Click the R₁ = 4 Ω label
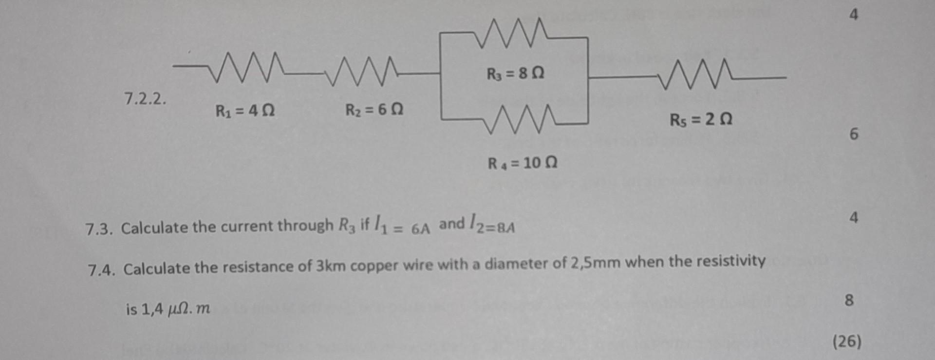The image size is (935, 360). point(245,111)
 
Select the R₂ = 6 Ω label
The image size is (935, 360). point(374,110)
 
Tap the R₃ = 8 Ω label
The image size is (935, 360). point(515,74)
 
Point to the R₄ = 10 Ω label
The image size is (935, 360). point(523,162)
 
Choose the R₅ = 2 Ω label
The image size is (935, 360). point(701,119)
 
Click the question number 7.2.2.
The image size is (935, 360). point(145,99)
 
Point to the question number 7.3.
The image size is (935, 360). point(99,228)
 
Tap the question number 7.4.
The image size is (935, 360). point(102,269)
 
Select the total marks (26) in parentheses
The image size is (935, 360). point(847,341)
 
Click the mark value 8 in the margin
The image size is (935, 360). point(849,300)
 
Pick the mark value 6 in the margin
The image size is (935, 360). point(854,134)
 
